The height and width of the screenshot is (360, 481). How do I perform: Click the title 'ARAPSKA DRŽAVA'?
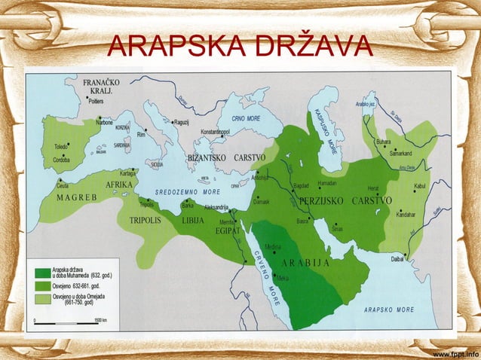240,47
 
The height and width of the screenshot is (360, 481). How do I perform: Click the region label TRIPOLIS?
146,221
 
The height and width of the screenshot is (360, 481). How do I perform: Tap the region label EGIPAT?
228,230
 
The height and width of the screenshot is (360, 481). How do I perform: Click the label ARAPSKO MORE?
389,310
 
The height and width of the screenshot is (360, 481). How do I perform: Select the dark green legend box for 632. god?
41,272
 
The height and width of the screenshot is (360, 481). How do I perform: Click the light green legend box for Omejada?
41,299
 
